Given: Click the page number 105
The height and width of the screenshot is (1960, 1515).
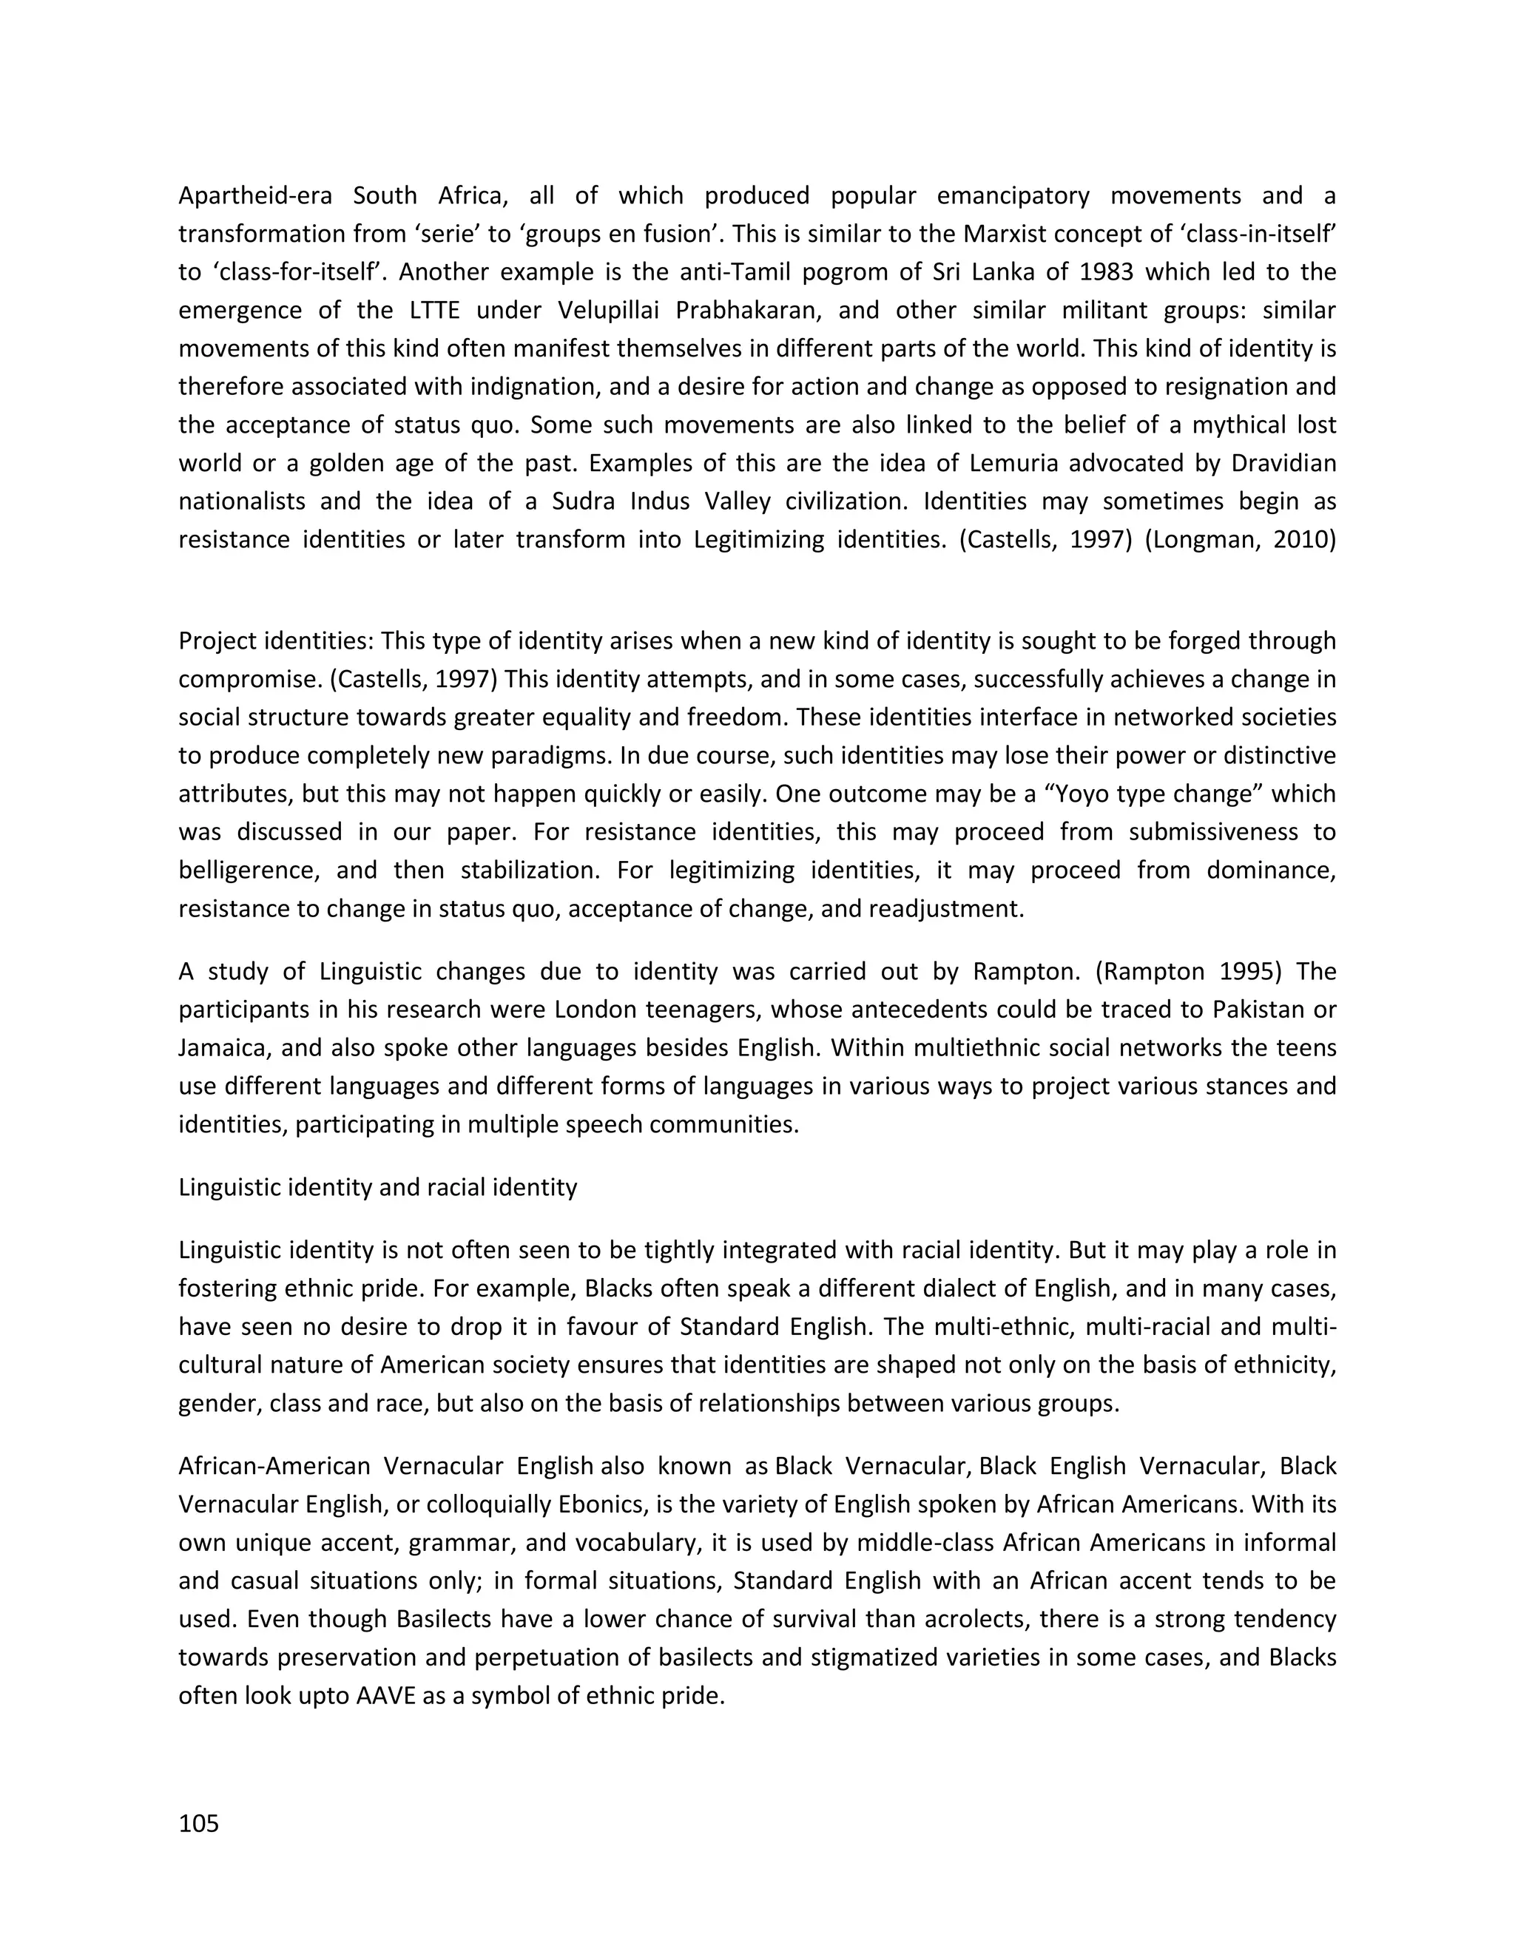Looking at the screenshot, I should pyautogui.click(x=198, y=1825).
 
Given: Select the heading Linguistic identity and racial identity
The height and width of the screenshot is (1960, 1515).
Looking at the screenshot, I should pyautogui.click(x=377, y=1187).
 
